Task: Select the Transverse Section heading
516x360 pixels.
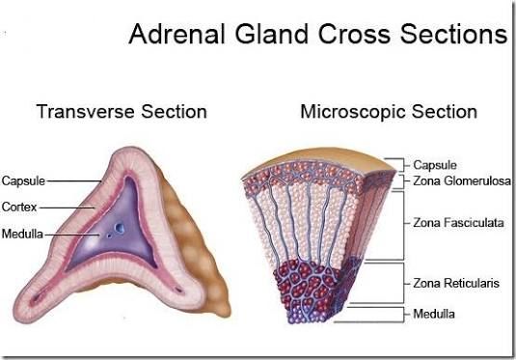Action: pyautogui.click(x=122, y=111)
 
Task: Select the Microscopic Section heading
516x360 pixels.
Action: pyautogui.click(x=389, y=111)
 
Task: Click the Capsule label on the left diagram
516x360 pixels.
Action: pyautogui.click(x=23, y=180)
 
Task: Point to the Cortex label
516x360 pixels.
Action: pyautogui.click(x=19, y=207)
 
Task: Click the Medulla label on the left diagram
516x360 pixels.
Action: pyautogui.click(x=21, y=234)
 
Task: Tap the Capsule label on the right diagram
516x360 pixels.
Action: pyautogui.click(x=435, y=165)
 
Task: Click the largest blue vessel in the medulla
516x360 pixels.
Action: pyautogui.click(x=117, y=229)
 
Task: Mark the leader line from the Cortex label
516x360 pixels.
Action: pyautogui.click(x=68, y=207)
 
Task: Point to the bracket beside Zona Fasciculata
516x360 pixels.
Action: pyautogui.click(x=402, y=223)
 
